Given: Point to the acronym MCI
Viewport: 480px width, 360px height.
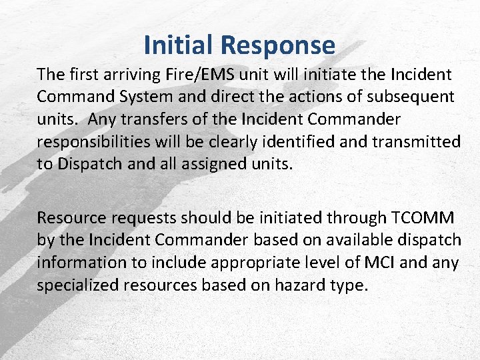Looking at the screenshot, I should coord(379,263).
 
